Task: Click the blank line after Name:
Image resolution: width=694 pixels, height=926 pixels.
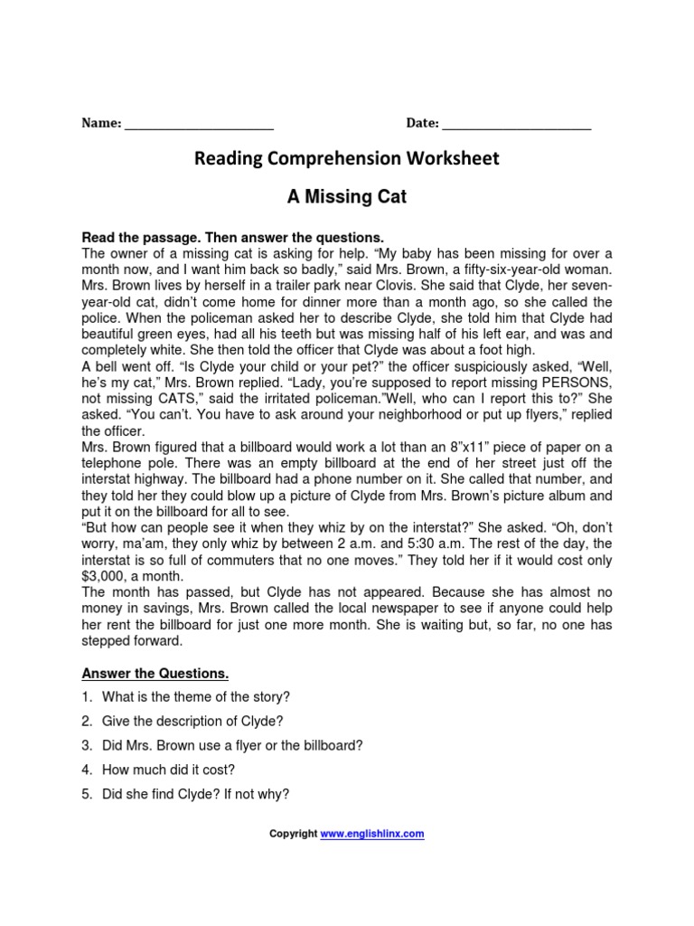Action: tap(198, 126)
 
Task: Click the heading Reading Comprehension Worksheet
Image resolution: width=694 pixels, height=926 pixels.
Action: tap(347, 159)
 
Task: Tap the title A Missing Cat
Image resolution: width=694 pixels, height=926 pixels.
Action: tap(347, 197)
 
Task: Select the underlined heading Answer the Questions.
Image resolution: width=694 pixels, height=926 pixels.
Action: tap(155, 673)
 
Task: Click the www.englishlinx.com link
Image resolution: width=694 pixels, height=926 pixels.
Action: tap(372, 834)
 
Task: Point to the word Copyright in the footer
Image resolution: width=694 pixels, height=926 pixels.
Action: tap(294, 834)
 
